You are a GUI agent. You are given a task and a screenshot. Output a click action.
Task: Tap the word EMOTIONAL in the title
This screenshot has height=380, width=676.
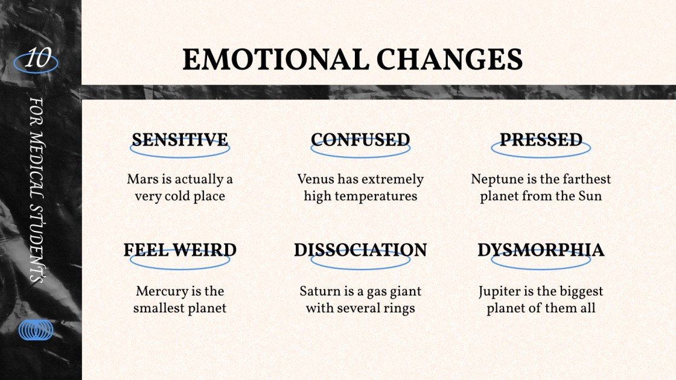pos(275,60)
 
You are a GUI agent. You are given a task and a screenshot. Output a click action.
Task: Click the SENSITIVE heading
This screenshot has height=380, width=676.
pos(180,140)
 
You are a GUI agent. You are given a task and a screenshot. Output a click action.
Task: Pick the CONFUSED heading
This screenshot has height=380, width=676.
pos(360,140)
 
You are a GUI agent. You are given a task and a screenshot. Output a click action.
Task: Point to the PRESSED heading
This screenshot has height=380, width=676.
pos(541,140)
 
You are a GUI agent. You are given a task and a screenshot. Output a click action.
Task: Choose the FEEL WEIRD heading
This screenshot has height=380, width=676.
pos(180,250)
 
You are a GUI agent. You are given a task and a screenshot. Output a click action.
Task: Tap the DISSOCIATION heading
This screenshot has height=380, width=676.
pos(360,250)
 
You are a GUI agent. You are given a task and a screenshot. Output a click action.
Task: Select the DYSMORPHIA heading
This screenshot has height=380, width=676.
pos(541,250)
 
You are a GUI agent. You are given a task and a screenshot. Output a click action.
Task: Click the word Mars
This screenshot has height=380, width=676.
pos(141,180)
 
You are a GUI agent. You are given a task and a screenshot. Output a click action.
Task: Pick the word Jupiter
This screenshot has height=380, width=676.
pos(500,291)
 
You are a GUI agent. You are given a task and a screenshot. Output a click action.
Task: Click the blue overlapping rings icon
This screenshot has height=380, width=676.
pos(36,330)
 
